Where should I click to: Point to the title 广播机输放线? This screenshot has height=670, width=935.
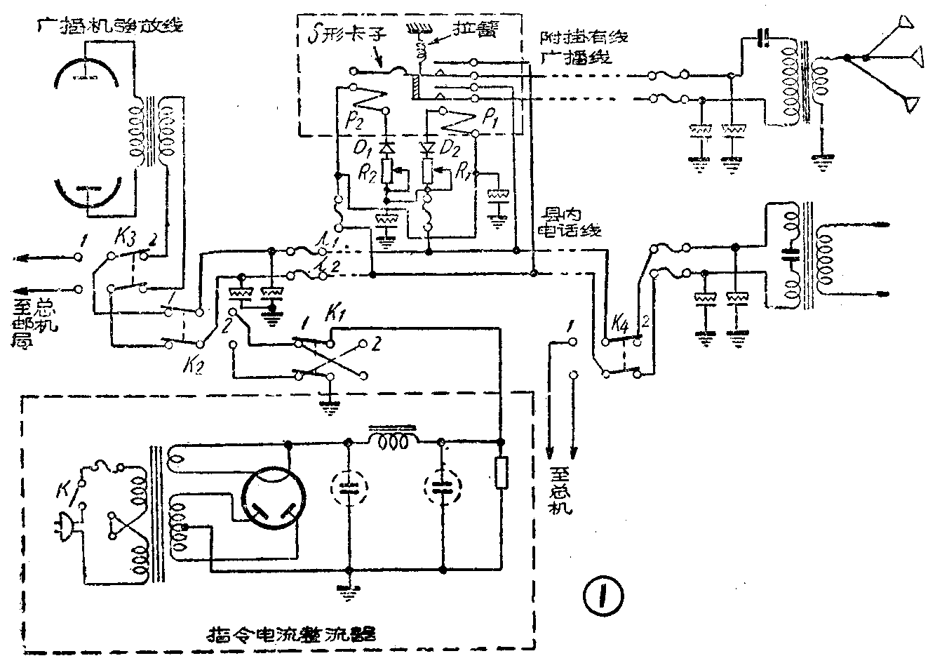pos(112,26)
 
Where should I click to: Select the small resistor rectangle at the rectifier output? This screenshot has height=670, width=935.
pos(501,472)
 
